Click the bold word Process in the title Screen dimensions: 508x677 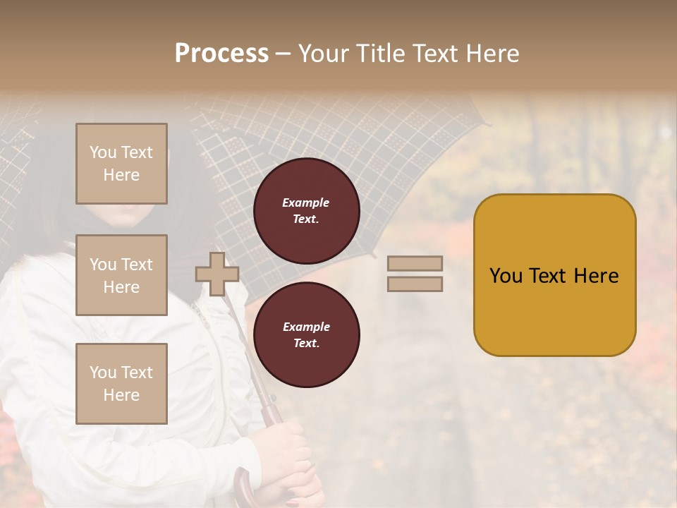pos(221,53)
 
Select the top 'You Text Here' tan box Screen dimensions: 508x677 pos(121,164)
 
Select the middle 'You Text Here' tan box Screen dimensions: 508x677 pos(121,275)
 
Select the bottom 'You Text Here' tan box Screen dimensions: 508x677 pos(121,384)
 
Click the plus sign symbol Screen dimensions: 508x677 pos(217,274)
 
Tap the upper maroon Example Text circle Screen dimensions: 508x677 pos(307,210)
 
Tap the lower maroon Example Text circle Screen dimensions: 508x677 pos(307,334)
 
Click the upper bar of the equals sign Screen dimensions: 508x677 pos(415,264)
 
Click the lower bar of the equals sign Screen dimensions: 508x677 pos(415,284)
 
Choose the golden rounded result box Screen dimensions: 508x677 pos(554,310)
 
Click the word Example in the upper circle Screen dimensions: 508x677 pos(306,202)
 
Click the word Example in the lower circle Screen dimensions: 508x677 pos(306,327)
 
